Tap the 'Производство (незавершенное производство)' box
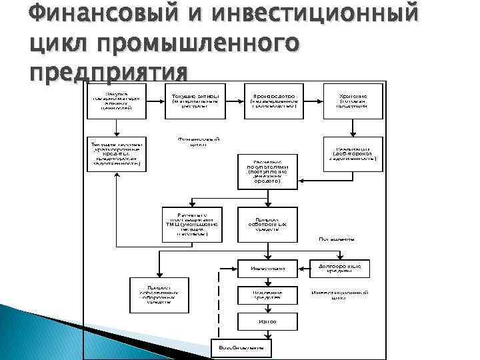coord(273,97)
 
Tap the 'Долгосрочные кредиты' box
coord(340,269)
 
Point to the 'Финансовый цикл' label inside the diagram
coord(198,141)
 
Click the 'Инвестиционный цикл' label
coord(340,295)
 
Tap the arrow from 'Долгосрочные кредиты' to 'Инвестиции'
coord(301,269)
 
